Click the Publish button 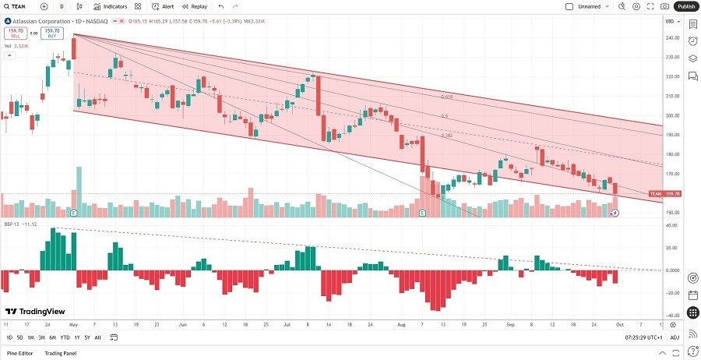(x=686, y=6)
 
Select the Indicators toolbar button (x=110, y=6)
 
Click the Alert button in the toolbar (x=164, y=6)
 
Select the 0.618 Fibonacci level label (x=446, y=97)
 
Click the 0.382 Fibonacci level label (x=446, y=135)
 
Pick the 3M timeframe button (x=42, y=337)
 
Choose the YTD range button (x=65, y=337)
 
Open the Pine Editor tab (x=20, y=353)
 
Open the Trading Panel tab (x=65, y=353)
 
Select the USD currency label (x=669, y=21)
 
